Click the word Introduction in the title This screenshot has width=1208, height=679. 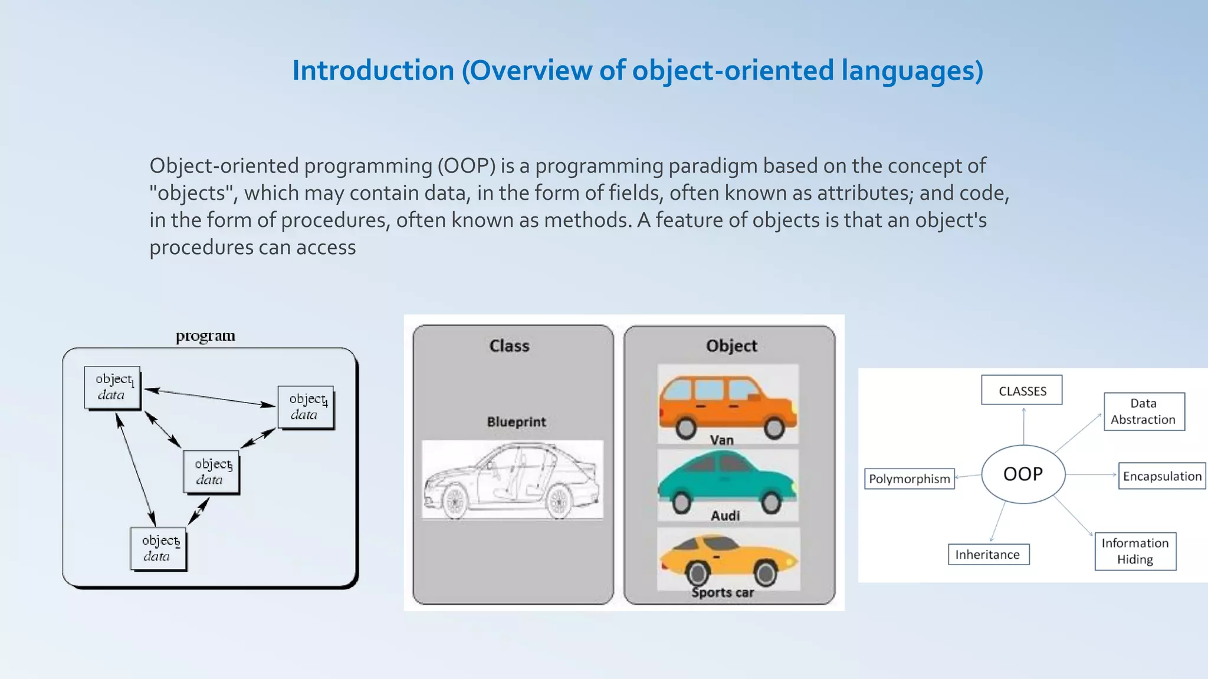[373, 71]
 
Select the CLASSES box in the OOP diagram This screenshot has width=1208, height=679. [1022, 390]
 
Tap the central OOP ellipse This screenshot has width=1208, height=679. [1023, 474]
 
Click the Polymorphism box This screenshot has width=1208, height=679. [910, 479]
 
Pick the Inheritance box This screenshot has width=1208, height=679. [988, 554]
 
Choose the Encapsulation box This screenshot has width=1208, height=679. [1161, 476]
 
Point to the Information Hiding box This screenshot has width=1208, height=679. [1135, 551]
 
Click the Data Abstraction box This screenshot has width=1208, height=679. [1144, 411]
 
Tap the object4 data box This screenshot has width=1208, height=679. [306, 407]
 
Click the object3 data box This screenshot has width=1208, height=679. [211, 472]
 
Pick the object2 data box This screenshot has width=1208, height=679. [158, 548]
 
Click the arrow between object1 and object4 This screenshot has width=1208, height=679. [210, 397]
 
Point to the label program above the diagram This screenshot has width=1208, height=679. [205, 336]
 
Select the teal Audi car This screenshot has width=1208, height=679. [727, 480]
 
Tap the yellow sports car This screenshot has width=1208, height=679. [728, 557]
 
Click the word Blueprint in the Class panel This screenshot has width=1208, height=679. [516, 422]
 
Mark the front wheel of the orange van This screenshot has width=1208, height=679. [774, 428]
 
